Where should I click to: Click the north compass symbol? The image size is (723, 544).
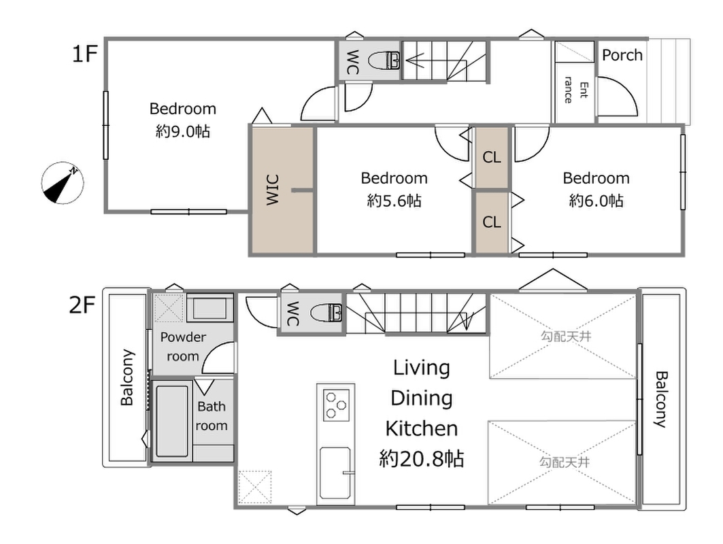pyautogui.click(x=63, y=182)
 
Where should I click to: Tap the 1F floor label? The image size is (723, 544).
pyautogui.click(x=84, y=54)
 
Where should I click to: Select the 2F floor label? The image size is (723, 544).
pyautogui.click(x=82, y=305)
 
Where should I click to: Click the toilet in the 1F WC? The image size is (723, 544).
pyautogui.click(x=385, y=61)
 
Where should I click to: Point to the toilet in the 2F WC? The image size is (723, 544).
pyautogui.click(x=326, y=313)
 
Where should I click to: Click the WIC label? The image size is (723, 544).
pyautogui.click(x=273, y=190)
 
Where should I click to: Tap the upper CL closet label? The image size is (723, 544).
pyautogui.click(x=492, y=157)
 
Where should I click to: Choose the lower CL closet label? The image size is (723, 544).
pyautogui.click(x=492, y=222)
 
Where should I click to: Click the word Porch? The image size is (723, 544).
pyautogui.click(x=622, y=55)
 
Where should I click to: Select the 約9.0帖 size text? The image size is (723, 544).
pyautogui.click(x=183, y=132)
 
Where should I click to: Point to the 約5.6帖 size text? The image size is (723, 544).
pyautogui.click(x=394, y=201)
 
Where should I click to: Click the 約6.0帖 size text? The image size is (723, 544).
pyautogui.click(x=596, y=201)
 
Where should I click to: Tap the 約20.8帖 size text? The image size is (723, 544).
pyautogui.click(x=422, y=459)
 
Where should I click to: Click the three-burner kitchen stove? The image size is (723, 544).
pyautogui.click(x=336, y=405)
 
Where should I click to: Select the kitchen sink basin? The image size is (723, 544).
pyautogui.click(x=335, y=473)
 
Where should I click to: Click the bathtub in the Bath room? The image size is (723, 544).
pyautogui.click(x=172, y=420)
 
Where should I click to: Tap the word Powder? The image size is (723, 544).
pyautogui.click(x=183, y=337)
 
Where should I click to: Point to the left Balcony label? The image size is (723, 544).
pyautogui.click(x=127, y=377)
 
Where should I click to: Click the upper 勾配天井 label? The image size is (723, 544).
pyautogui.click(x=565, y=337)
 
